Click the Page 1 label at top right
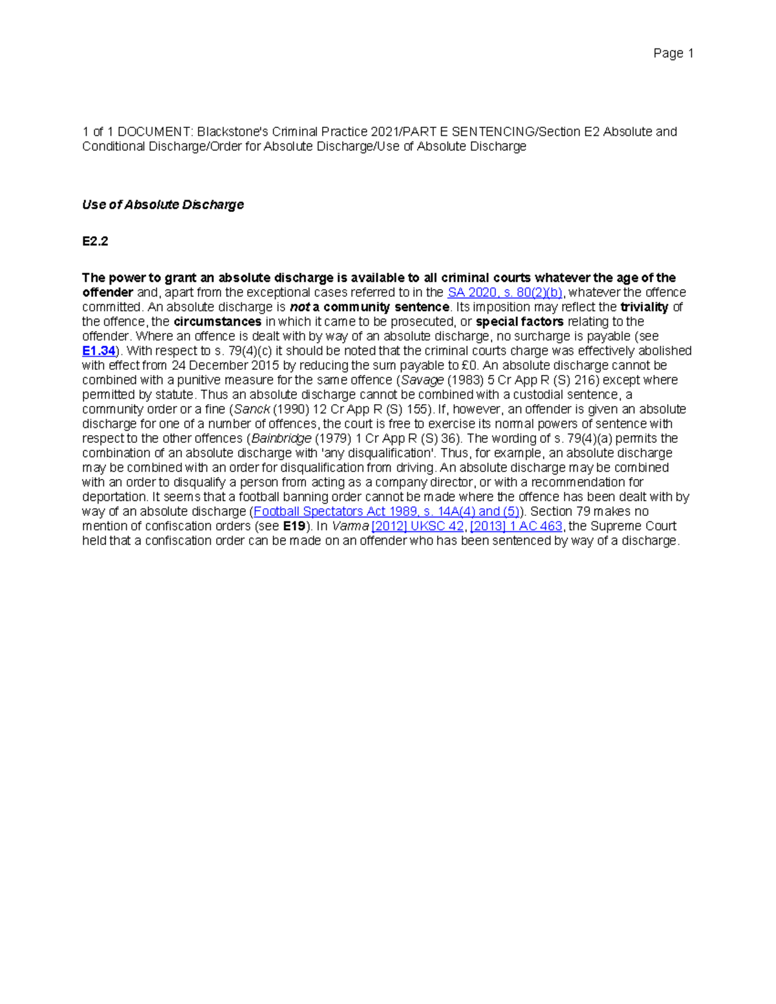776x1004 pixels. pos(673,54)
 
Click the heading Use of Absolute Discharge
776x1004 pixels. pos(162,205)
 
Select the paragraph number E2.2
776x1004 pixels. pos(94,241)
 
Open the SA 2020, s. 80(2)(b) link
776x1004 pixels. pos(504,293)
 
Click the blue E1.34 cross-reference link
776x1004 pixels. pos(98,351)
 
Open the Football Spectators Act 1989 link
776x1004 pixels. pos(387,511)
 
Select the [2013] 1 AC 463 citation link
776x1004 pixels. pos(516,526)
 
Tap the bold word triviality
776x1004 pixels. pos(644,307)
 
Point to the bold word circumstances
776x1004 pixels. pos(217,322)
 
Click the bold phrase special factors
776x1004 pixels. pos(519,322)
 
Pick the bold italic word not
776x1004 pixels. pos(299,307)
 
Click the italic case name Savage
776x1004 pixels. pos(422,380)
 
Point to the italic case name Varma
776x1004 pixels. pos(350,526)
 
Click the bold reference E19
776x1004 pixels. pos(294,526)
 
